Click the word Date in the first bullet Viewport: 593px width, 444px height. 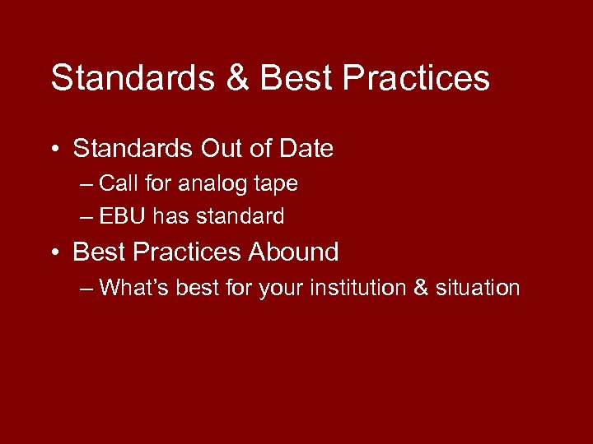coord(305,149)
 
